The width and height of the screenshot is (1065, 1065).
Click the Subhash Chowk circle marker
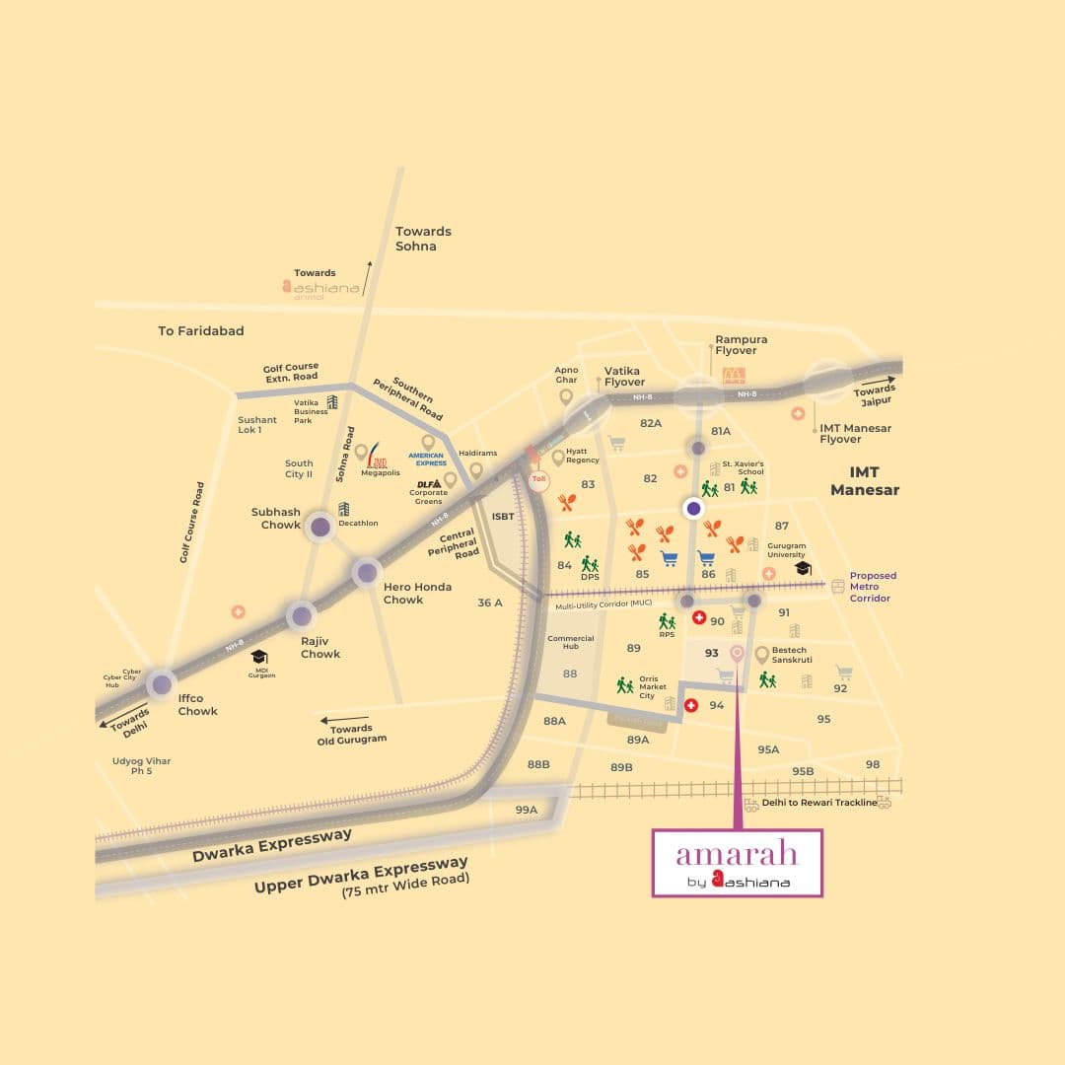click(320, 527)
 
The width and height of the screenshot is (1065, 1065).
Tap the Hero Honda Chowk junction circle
click(366, 572)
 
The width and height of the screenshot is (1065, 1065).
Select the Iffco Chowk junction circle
click(160, 683)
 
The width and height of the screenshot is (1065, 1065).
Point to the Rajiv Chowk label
click(320, 647)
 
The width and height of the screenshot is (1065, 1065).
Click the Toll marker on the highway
click(538, 479)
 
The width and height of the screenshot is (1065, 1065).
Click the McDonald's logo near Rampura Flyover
click(734, 375)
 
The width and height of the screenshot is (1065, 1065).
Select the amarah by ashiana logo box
click(737, 863)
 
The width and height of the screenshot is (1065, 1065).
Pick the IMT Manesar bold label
click(865, 481)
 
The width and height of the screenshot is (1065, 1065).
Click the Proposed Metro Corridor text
click(873, 587)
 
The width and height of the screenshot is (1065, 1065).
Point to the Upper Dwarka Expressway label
click(361, 874)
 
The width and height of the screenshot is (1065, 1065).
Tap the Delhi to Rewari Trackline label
click(818, 803)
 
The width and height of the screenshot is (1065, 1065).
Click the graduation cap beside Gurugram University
click(803, 569)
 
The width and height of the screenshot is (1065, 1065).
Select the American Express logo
click(427, 459)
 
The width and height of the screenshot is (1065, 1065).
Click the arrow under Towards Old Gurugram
click(340, 720)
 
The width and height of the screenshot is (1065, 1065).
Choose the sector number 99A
click(527, 810)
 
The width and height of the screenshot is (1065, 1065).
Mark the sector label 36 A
click(490, 603)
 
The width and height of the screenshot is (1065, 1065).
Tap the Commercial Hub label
click(570, 643)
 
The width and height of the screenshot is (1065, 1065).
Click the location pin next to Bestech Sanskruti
click(761, 655)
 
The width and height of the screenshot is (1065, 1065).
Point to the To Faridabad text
click(201, 331)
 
